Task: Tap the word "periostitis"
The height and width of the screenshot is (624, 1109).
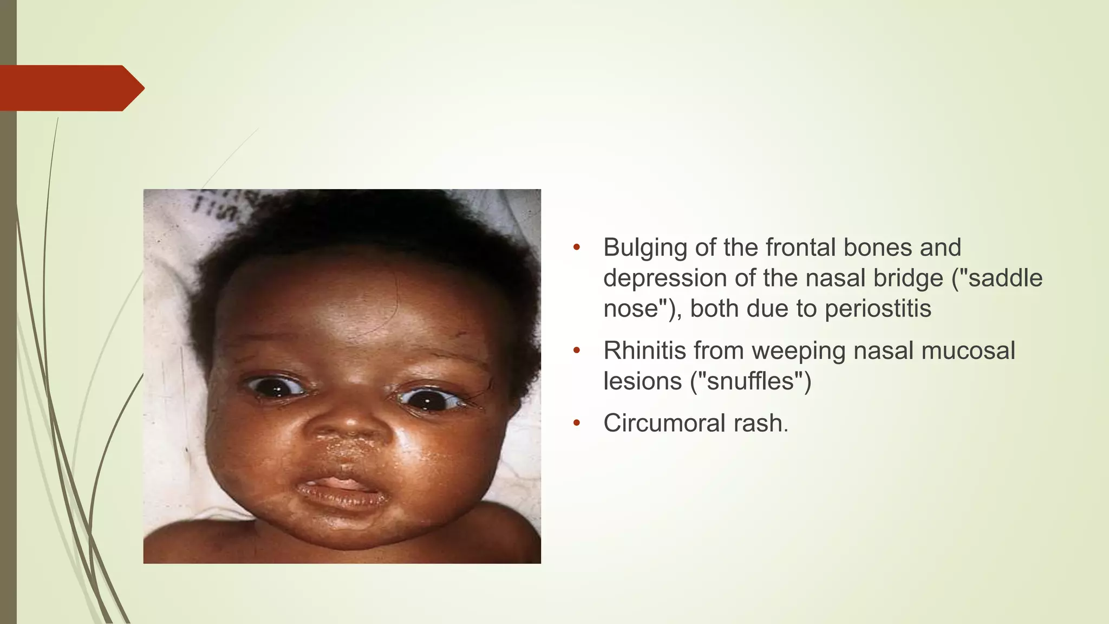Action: [x=878, y=309]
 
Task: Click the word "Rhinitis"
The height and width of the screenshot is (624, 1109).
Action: [x=644, y=350]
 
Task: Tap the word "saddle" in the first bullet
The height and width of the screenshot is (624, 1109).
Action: [x=1005, y=278]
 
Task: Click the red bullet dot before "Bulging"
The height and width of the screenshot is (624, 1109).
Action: [x=577, y=248]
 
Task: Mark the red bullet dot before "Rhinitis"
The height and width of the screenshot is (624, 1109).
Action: [x=577, y=350]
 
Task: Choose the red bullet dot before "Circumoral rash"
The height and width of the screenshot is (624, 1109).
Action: [x=577, y=423]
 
